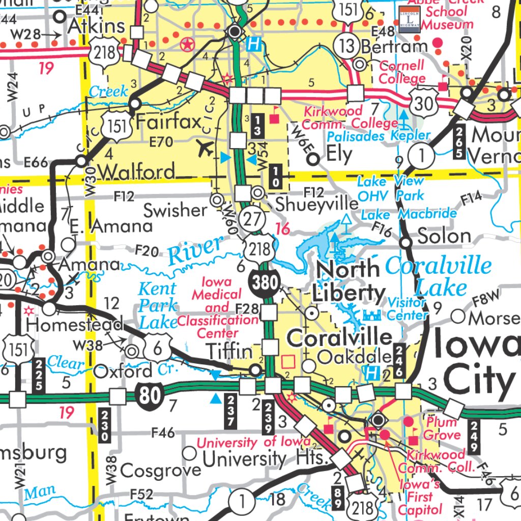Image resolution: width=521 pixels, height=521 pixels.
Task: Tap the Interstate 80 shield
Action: click(150, 395)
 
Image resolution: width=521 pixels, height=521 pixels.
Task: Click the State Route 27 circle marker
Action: click(253, 219)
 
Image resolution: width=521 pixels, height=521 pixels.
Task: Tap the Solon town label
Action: click(444, 236)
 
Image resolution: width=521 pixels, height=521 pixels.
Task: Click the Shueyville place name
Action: click(316, 204)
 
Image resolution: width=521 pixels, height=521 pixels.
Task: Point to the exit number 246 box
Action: click(399, 361)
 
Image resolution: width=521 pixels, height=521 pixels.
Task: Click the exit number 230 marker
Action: click(105, 425)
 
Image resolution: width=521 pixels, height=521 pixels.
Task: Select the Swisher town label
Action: click(176, 209)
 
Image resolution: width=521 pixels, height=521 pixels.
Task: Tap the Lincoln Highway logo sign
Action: click(409, 19)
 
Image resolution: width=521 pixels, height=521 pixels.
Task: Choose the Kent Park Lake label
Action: click(158, 306)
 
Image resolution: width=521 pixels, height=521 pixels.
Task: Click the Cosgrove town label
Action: click(161, 470)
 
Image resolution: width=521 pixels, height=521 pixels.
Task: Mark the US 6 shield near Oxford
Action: click(157, 350)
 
